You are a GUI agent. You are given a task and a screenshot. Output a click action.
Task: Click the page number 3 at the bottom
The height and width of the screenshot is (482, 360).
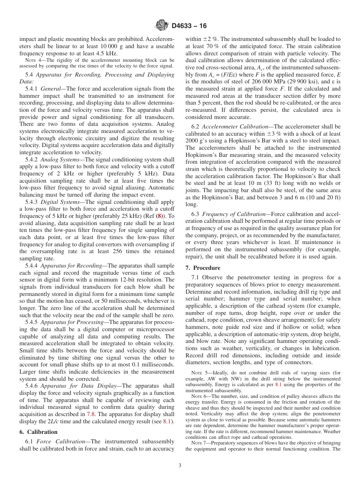[180, 466]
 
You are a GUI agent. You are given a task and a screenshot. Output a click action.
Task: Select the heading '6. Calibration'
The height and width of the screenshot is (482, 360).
[39, 432]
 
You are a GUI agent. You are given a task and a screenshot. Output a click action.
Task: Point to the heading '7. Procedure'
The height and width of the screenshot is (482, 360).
[203, 268]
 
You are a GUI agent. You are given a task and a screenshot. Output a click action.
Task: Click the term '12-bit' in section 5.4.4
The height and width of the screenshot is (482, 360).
[128, 280]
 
